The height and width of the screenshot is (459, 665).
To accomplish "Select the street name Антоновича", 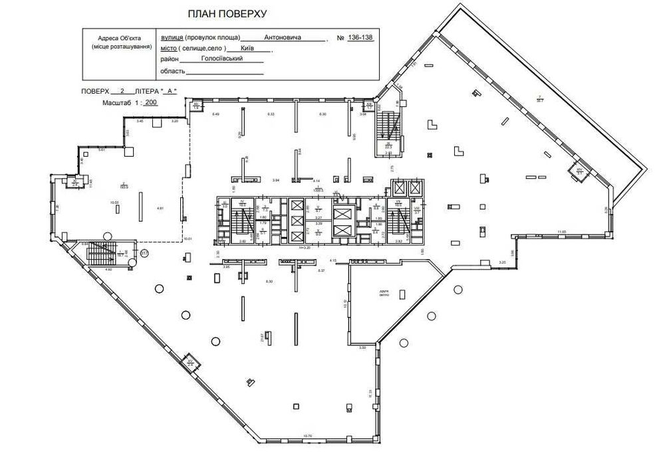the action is (x=282, y=38).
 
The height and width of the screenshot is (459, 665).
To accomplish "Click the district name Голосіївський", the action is (x=221, y=59).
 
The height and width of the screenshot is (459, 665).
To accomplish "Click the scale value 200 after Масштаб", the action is (x=151, y=104).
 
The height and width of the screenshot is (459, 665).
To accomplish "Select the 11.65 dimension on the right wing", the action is (x=562, y=232).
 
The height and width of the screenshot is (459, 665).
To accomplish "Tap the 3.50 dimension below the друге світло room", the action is (x=363, y=348).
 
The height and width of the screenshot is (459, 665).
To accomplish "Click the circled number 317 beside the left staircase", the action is (x=144, y=253).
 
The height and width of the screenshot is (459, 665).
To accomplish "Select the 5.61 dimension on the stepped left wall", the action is (x=102, y=150).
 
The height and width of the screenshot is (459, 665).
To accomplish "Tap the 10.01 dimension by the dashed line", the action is (x=188, y=239).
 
